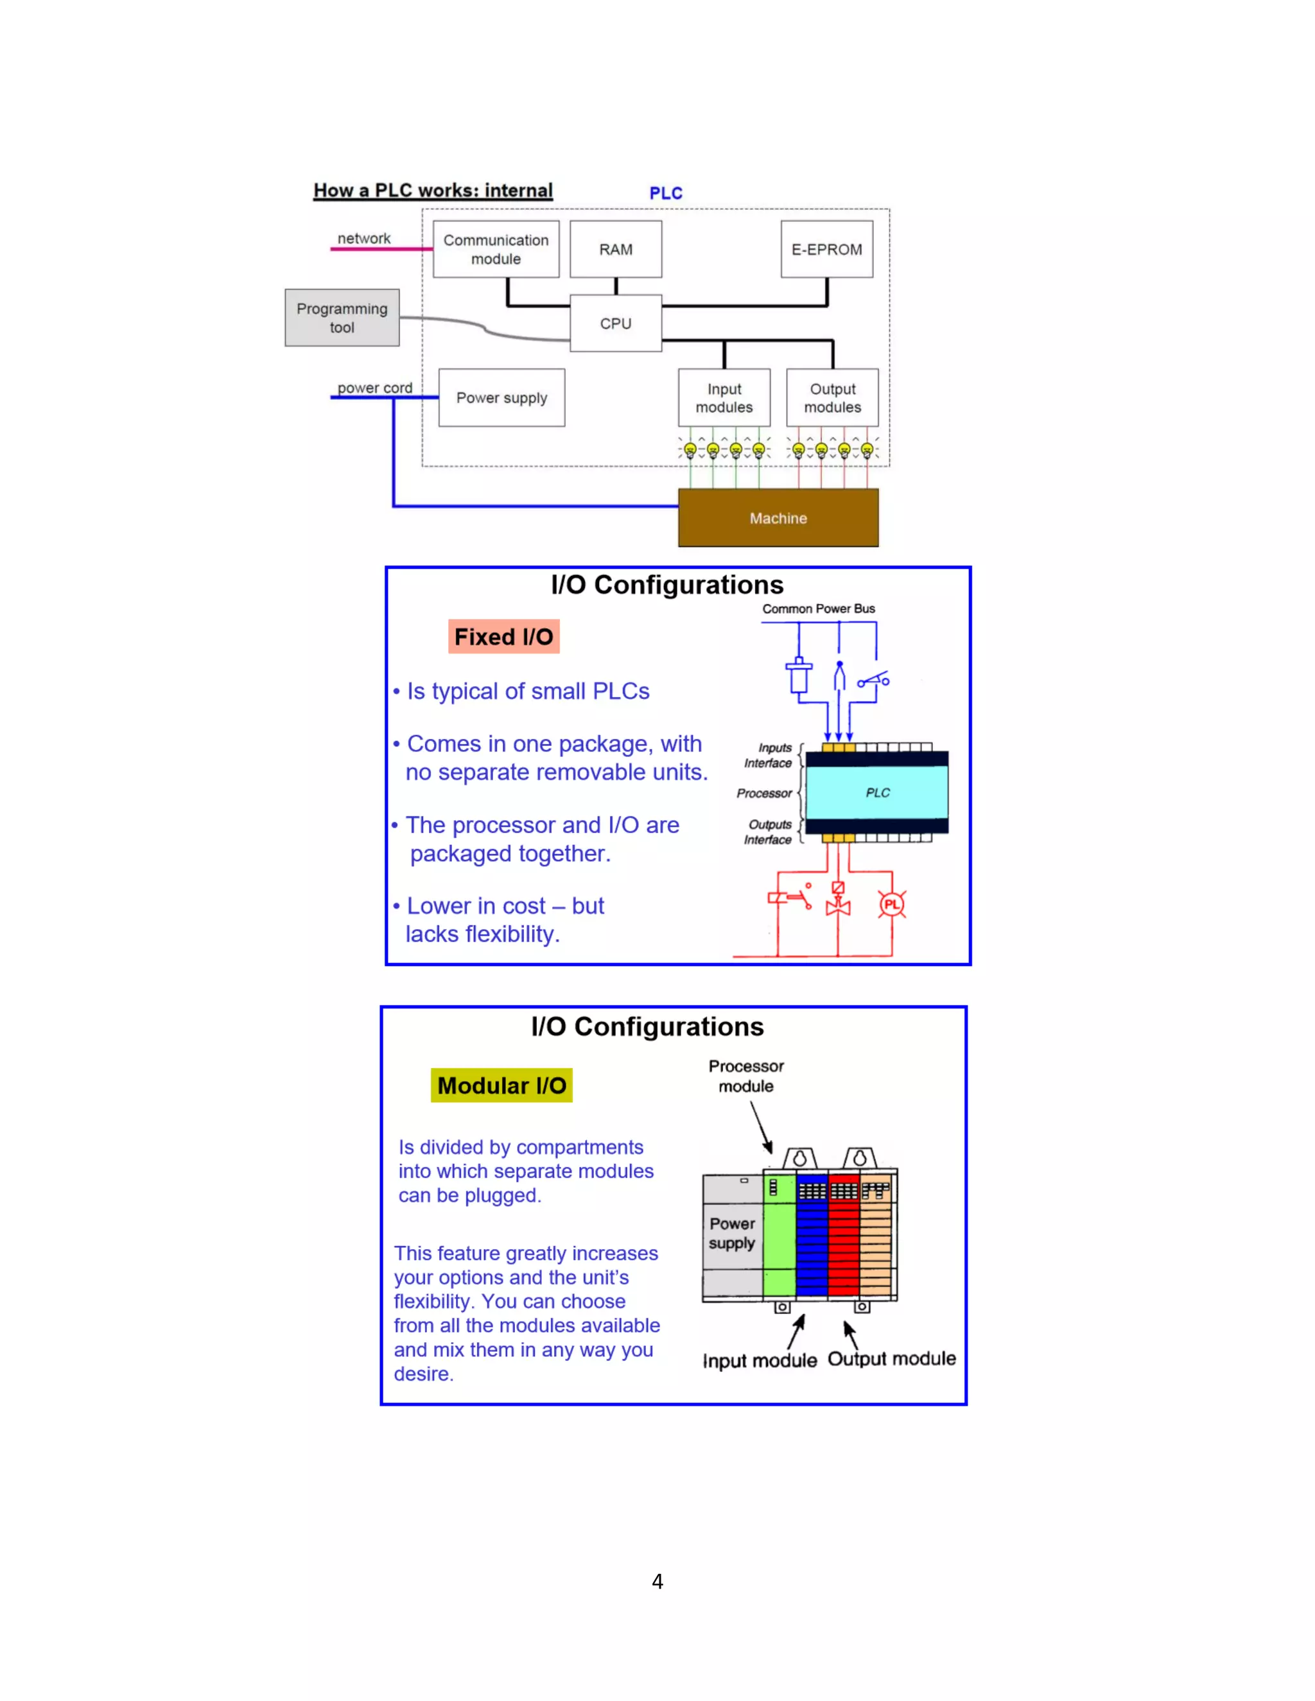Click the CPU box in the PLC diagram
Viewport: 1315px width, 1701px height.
coord(615,324)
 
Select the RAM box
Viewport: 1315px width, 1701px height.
coord(615,249)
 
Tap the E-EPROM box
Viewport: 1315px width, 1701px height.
coord(826,249)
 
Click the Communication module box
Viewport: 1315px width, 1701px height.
coord(496,249)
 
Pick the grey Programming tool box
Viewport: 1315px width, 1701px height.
coord(342,318)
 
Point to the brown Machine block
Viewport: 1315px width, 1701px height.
coord(778,518)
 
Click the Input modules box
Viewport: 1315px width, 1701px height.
coord(724,398)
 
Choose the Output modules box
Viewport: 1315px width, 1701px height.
coord(832,398)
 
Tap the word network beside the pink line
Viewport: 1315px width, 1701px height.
coord(364,238)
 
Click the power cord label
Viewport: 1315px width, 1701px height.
coord(375,388)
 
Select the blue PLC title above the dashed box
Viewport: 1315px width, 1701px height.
coord(666,193)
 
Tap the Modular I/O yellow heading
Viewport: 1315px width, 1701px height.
coord(501,1085)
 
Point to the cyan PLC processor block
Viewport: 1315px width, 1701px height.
coord(877,792)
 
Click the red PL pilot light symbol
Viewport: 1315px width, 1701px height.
coord(891,904)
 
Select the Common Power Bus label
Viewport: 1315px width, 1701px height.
coord(818,609)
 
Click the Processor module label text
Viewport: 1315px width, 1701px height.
coord(745,1076)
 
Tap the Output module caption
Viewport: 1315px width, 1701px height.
coord(891,1359)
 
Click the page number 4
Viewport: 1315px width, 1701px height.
coord(657,1582)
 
